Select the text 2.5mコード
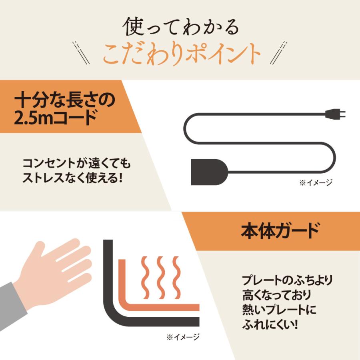point(56,118)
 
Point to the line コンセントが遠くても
point(77,164)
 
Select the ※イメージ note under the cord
point(316,183)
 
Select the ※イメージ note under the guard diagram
point(183,337)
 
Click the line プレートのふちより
point(288,279)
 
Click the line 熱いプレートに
point(279,310)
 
